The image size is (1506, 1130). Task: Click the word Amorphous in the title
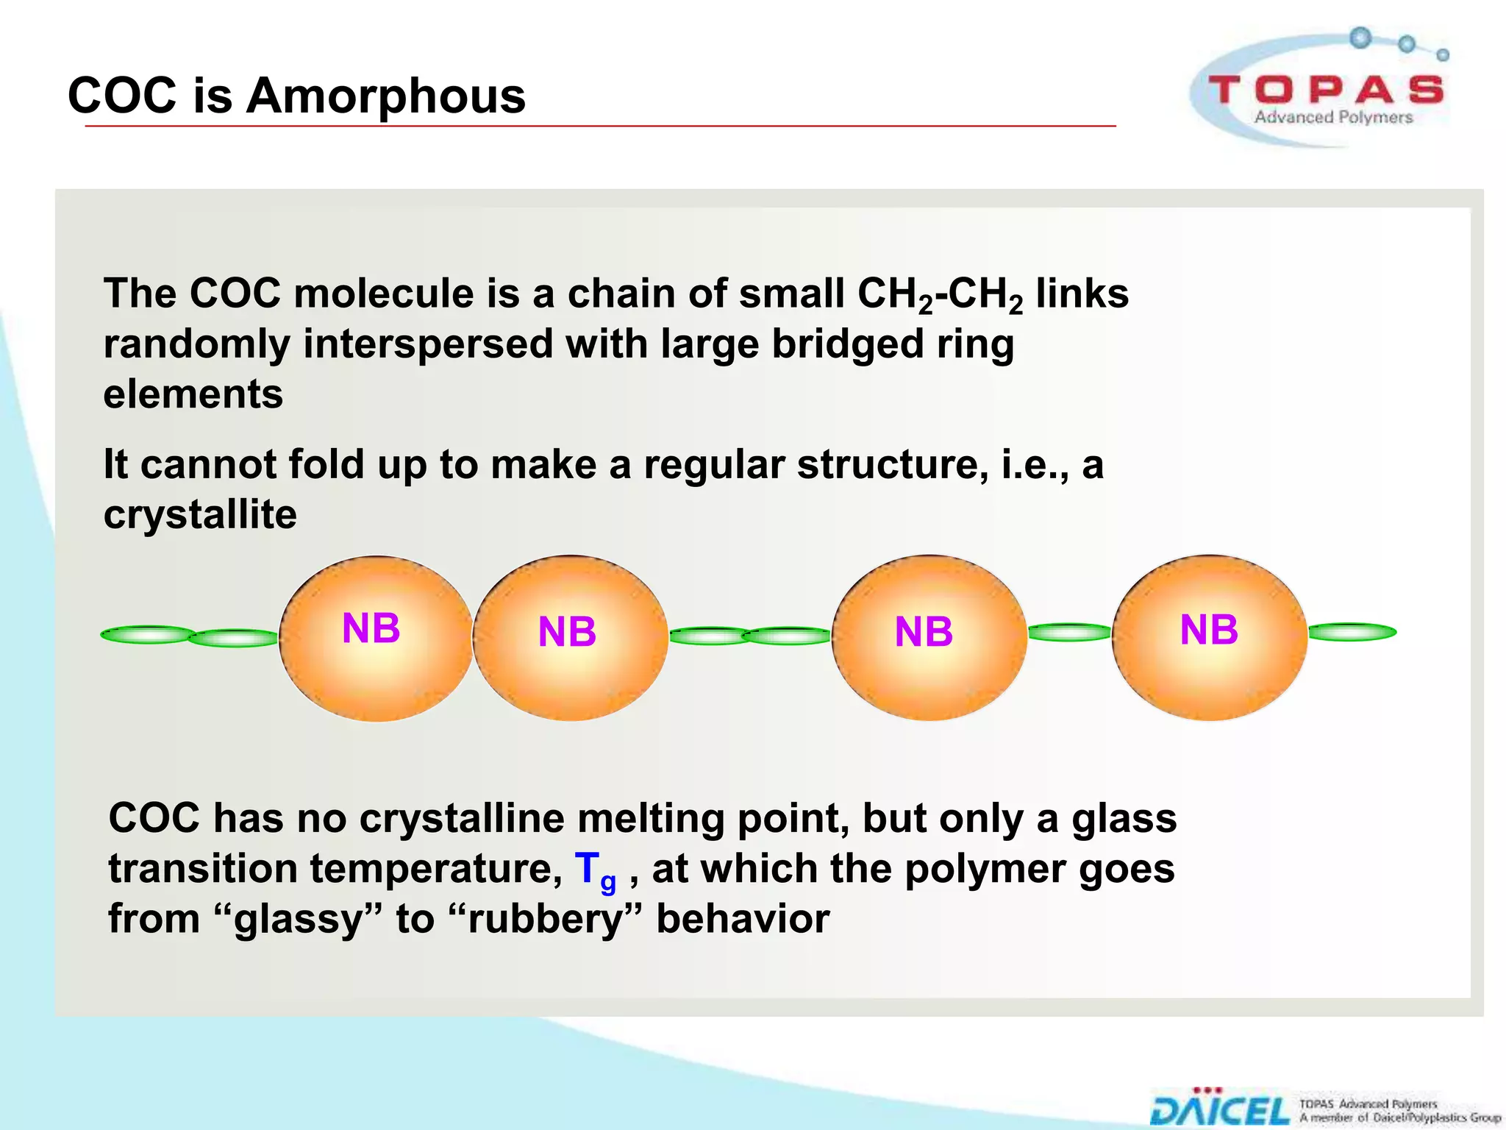(x=385, y=96)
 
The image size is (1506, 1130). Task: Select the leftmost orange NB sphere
(x=376, y=637)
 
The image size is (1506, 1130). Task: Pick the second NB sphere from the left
(x=571, y=637)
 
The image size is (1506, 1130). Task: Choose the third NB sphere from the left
(x=929, y=637)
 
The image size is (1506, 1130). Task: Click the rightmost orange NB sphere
(x=1210, y=637)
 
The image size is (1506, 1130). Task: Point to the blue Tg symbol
(x=593, y=870)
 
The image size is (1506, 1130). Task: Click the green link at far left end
(x=148, y=634)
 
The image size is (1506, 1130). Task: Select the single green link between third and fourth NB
(x=1069, y=632)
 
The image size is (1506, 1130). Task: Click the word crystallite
(x=200, y=514)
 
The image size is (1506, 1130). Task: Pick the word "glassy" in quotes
(x=298, y=919)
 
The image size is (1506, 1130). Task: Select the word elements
(x=193, y=394)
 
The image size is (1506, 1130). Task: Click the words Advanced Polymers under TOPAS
(x=1332, y=117)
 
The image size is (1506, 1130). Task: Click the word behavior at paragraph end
(x=742, y=919)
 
